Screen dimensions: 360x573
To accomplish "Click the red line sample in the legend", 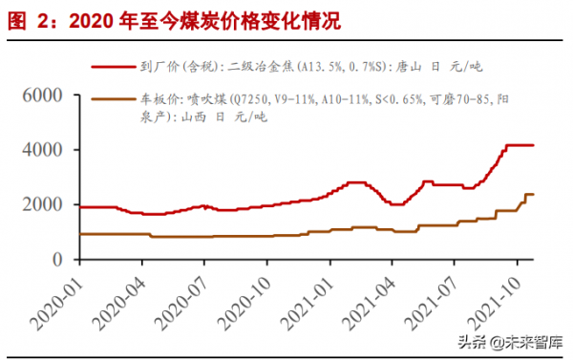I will [114, 67].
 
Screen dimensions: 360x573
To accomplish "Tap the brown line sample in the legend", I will [114, 98].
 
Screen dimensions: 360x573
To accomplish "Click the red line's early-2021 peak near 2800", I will [356, 181].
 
